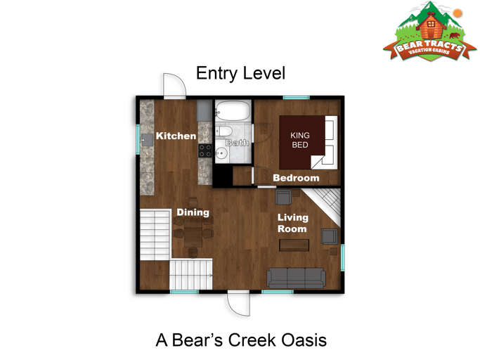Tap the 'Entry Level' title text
pyautogui.click(x=240, y=73)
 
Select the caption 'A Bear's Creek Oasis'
pyautogui.click(x=240, y=341)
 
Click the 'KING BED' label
pyautogui.click(x=301, y=139)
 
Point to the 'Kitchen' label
pyautogui.click(x=176, y=136)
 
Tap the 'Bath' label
pyautogui.click(x=237, y=143)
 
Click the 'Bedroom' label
pyautogui.click(x=296, y=178)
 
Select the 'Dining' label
pyautogui.click(x=192, y=212)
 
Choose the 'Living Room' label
pyautogui.click(x=292, y=223)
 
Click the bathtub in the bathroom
pyautogui.click(x=231, y=110)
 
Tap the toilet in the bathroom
pyautogui.click(x=223, y=132)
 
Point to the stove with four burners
pyautogui.click(x=205, y=150)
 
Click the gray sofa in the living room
pyautogui.click(x=296, y=278)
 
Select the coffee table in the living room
pyautogui.click(x=294, y=245)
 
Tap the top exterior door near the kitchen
pyautogui.click(x=174, y=86)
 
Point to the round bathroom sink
pyautogui.click(x=221, y=154)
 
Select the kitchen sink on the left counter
pyautogui.click(x=148, y=140)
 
